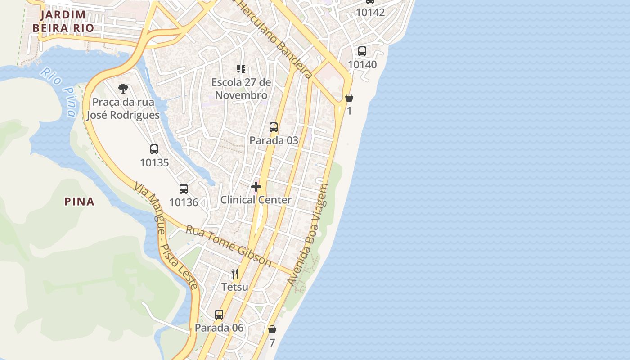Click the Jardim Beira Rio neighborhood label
click(63, 21)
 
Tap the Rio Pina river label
click(58, 92)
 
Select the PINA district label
click(80, 202)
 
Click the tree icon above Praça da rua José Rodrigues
click(123, 89)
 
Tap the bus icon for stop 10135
click(154, 149)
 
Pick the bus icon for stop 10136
click(184, 189)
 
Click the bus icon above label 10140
click(362, 51)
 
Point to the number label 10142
click(370, 13)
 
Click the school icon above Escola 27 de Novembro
click(241, 69)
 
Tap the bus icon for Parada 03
click(274, 127)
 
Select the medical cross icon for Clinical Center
click(256, 186)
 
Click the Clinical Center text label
click(256, 200)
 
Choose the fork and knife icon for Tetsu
click(234, 273)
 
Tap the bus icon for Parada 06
click(219, 315)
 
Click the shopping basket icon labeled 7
click(272, 329)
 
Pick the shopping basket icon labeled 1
click(349, 97)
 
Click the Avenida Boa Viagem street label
click(309, 234)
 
